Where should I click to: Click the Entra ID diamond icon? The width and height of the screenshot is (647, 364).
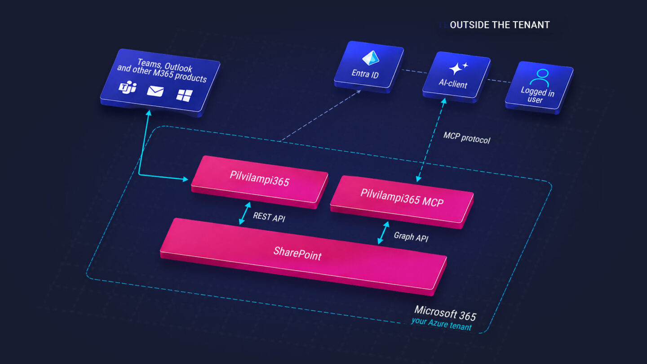(371, 58)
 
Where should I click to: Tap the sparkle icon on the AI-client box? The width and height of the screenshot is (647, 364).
(458, 68)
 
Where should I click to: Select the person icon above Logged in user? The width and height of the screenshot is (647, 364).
(540, 77)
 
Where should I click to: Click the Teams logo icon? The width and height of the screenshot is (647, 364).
(128, 87)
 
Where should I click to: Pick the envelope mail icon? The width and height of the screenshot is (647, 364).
(155, 91)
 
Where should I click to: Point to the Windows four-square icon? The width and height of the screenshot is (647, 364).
(184, 95)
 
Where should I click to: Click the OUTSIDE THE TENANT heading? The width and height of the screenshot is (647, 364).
(500, 25)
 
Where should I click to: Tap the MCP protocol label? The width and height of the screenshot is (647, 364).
(467, 138)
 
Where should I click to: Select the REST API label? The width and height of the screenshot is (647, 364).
(269, 217)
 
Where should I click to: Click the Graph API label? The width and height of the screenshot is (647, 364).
(411, 236)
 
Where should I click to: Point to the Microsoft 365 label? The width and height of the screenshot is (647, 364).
(445, 313)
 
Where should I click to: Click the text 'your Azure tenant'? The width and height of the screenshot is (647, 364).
(441, 324)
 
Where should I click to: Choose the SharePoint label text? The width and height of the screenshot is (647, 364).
(297, 253)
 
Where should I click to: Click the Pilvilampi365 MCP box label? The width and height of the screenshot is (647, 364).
(402, 198)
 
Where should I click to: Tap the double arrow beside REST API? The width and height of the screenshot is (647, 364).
(244, 213)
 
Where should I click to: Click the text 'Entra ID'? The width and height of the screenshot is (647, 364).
(365, 74)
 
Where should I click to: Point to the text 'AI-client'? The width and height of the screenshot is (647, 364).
(452, 84)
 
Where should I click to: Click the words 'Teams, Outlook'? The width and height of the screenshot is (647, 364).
(164, 65)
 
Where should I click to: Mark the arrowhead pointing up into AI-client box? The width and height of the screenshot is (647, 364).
(444, 101)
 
